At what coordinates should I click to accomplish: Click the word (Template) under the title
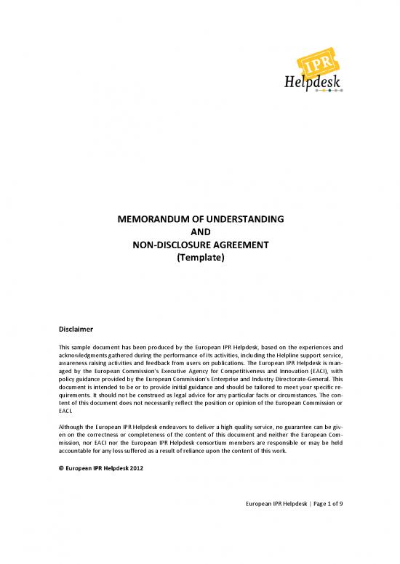(199, 258)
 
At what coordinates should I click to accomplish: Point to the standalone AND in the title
(199, 232)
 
